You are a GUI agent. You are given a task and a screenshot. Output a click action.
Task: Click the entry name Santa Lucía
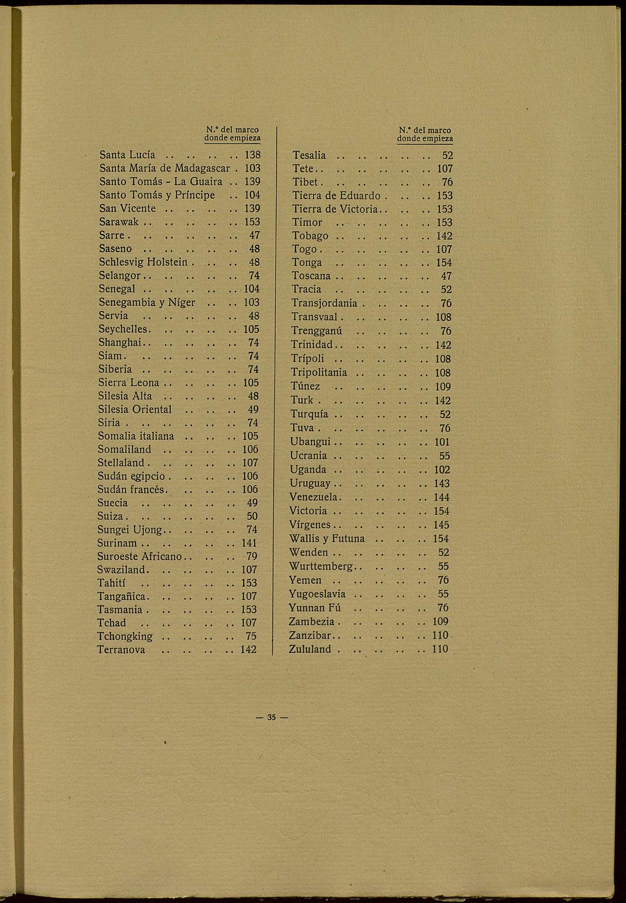[127, 155]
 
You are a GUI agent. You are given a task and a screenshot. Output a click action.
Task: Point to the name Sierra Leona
[128, 383]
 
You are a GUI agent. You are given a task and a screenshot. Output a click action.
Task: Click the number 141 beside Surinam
[249, 543]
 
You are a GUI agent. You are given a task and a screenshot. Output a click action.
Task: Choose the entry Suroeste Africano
[139, 556]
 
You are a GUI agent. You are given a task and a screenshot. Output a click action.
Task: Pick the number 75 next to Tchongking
[251, 636]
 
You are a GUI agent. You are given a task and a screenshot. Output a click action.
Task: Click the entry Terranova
[121, 650]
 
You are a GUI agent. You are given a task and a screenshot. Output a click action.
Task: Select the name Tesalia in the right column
[309, 155]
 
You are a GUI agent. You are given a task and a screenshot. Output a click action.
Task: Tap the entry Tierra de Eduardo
[336, 196]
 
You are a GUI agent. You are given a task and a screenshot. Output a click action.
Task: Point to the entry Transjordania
[324, 303]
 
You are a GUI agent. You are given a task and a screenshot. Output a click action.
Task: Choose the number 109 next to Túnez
[443, 387]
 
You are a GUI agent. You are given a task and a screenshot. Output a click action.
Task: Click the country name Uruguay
[310, 484]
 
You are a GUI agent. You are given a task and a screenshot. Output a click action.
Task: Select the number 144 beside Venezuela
[441, 497]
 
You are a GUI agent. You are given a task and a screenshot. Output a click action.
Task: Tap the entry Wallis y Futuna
[327, 539]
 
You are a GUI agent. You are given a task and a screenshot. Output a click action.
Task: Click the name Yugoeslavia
[317, 594]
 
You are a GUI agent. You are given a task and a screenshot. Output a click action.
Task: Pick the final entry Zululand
[310, 649]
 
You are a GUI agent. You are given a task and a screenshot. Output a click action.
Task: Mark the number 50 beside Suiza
[252, 516]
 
